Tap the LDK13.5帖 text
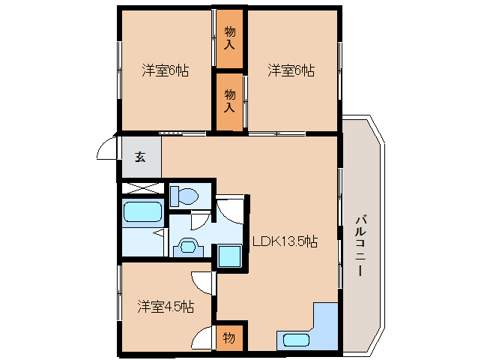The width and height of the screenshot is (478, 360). point(284,241)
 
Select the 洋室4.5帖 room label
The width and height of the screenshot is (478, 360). point(166,307)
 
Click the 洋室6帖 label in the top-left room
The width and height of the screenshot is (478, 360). point(166,71)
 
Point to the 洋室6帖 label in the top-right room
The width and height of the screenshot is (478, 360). point(291,71)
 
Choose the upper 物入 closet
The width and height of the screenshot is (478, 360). point(230,40)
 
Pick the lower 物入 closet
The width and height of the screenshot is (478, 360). point(230,100)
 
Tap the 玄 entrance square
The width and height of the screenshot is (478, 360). point(139,157)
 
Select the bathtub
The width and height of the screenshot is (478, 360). point(142,214)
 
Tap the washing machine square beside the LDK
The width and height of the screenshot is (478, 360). point(229,256)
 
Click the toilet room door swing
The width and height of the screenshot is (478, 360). point(199,220)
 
